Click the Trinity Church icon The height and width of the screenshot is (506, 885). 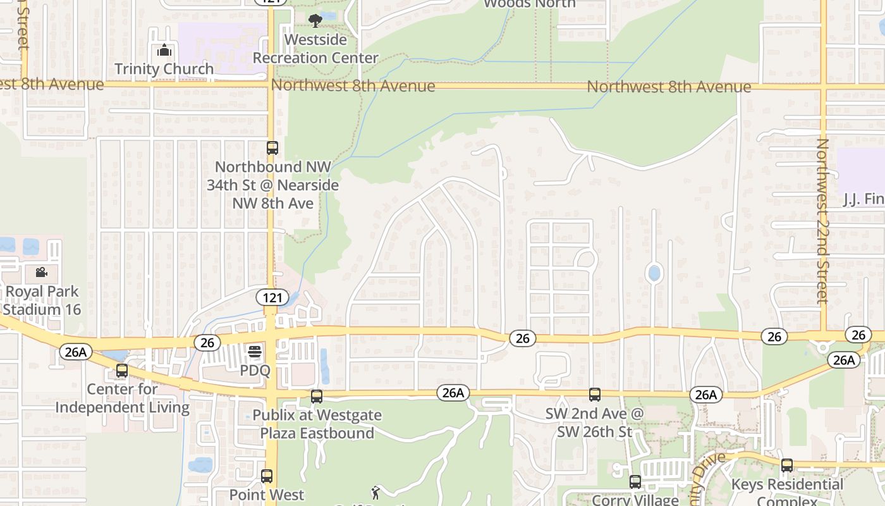[164, 51]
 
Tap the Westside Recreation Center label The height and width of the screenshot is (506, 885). [315, 49]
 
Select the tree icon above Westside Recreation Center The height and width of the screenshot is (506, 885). [315, 21]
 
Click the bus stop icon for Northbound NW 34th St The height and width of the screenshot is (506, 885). [272, 148]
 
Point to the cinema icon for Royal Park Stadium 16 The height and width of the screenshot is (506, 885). [42, 272]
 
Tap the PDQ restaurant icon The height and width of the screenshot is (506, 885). [255, 351]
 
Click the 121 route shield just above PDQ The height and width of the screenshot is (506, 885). [272, 297]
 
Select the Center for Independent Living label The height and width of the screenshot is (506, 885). [122, 398]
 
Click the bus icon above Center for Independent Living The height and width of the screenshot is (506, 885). [122, 371]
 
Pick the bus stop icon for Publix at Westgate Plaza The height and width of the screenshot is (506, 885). [317, 397]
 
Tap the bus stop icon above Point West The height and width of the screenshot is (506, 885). [267, 476]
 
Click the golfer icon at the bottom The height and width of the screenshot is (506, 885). [375, 492]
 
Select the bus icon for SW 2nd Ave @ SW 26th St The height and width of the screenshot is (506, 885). [594, 395]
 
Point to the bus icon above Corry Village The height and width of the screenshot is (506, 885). [635, 481]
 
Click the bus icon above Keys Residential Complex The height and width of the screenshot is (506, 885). [787, 466]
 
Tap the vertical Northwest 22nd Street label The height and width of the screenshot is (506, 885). [822, 221]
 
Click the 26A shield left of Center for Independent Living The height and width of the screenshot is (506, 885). [75, 352]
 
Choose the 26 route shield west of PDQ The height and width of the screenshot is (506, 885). [207, 343]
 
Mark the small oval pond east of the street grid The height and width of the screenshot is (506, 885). [654, 273]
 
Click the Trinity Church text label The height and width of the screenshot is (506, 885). [164, 68]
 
